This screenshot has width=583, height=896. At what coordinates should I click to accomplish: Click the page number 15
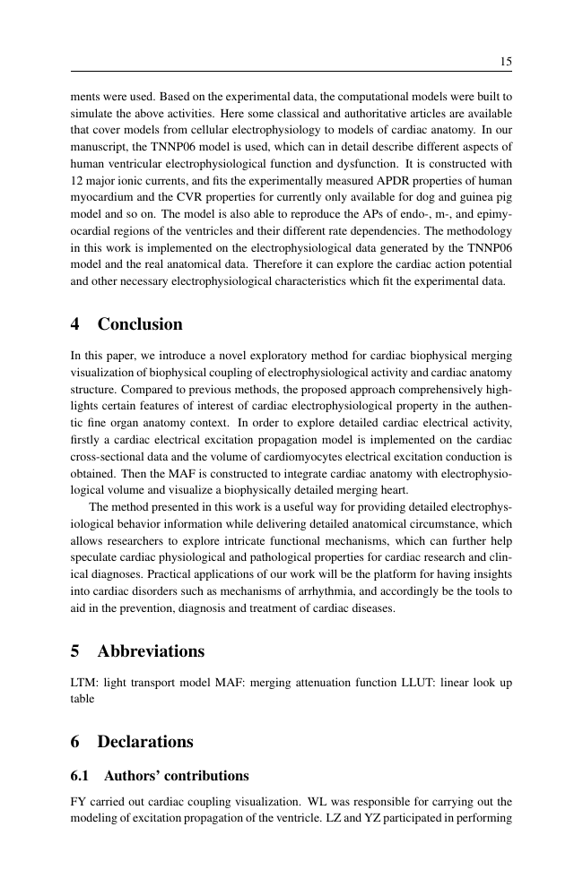[x=505, y=62]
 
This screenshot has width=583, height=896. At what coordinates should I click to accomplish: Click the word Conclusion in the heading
[x=140, y=324]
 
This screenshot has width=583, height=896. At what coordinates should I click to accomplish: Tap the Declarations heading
[x=145, y=742]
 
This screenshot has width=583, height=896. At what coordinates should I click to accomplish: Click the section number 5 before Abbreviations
[x=75, y=650]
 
